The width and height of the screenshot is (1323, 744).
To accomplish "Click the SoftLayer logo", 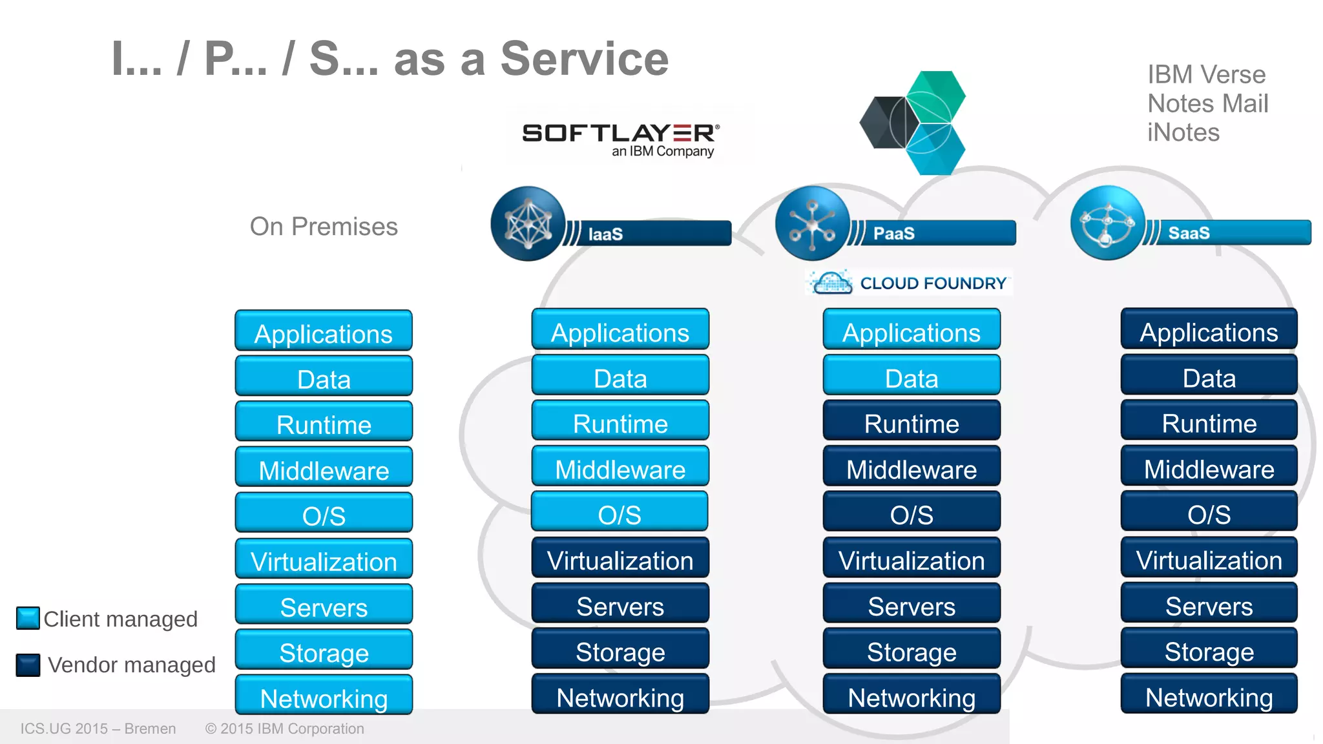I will [620, 139].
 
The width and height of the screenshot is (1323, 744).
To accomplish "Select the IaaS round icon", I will [528, 223].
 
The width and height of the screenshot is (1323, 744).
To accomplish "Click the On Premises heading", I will [324, 227].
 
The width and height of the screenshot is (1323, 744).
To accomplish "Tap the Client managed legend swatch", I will [28, 618].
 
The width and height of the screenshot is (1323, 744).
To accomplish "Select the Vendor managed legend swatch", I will [28, 665].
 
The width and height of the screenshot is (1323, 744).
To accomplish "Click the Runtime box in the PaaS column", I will [912, 423].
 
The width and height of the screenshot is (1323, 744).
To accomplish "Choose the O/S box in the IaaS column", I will [620, 514].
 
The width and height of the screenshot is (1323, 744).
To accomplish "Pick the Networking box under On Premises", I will [324, 697].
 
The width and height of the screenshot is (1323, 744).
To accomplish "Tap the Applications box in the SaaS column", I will [1209, 332].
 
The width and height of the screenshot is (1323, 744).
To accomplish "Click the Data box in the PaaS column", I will [912, 378].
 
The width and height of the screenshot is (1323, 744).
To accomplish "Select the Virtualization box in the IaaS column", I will [620, 560].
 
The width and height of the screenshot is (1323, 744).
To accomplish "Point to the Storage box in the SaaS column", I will [1209, 651].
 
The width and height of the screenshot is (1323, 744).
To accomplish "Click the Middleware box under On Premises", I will [324, 470].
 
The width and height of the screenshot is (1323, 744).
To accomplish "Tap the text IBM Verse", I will [1206, 75].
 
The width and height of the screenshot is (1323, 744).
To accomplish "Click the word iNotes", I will [1183, 132].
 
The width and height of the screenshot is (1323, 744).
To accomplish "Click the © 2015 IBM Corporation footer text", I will [284, 728].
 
